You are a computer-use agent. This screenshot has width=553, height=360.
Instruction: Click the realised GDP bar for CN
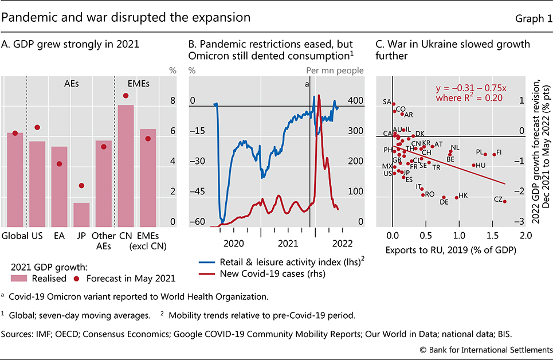point(125,166)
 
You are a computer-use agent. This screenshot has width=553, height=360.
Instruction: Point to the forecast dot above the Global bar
point(15,133)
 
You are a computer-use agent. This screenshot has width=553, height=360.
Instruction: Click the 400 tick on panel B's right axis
point(356,101)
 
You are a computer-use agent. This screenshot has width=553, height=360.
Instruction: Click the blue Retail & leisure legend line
point(209,263)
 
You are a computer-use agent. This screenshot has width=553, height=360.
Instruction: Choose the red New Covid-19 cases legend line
point(209,273)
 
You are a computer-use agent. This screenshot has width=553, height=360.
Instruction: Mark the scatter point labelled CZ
point(504,201)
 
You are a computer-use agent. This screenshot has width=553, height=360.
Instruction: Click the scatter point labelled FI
point(494,154)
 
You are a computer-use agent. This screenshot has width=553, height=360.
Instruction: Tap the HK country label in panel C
point(464,195)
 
